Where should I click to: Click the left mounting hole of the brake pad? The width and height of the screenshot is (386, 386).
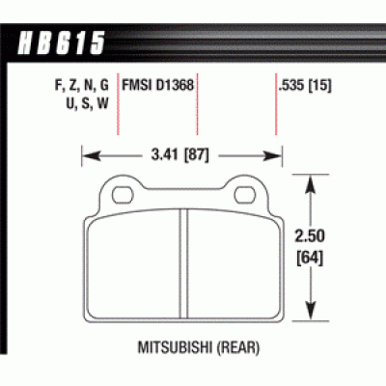[x=123, y=194]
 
